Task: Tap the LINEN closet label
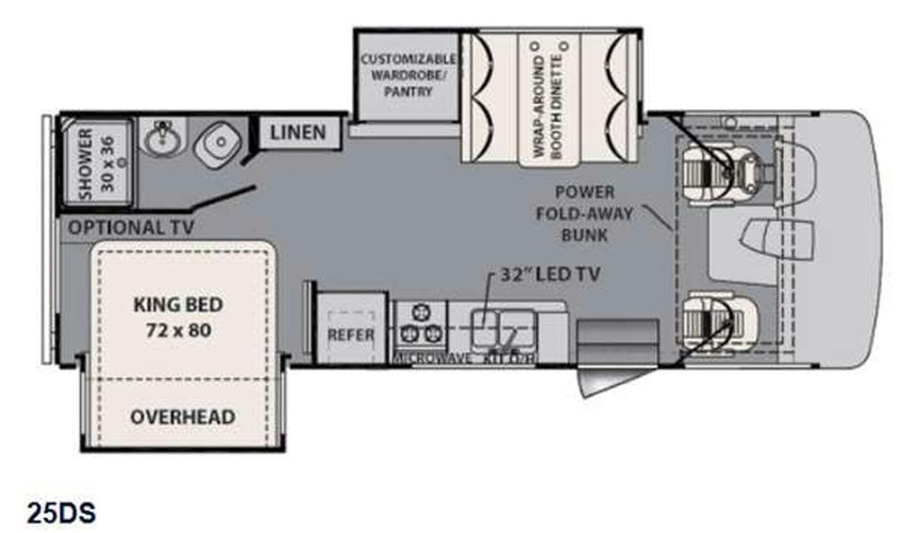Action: click(297, 132)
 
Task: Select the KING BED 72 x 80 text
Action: click(178, 316)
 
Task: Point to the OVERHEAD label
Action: click(183, 417)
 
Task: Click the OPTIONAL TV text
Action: click(131, 228)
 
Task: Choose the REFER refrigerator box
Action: click(349, 333)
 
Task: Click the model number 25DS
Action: click(61, 513)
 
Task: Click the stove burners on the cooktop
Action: click(420, 325)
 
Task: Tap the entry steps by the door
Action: click(617, 342)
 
